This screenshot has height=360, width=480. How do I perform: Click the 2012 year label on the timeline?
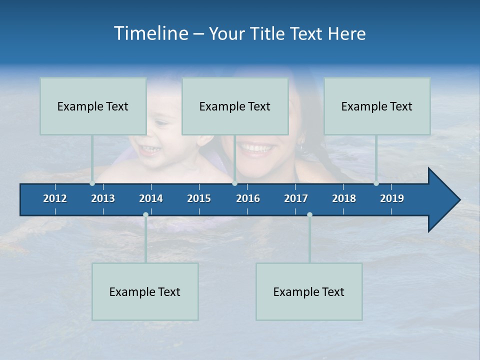click(55, 198)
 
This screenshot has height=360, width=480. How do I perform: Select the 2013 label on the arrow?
click(103, 198)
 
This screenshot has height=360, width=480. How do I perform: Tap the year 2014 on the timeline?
click(151, 198)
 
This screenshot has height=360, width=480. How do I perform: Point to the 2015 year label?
click(199, 198)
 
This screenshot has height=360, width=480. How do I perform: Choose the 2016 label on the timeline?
click(248, 198)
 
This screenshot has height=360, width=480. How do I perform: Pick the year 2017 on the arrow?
click(296, 198)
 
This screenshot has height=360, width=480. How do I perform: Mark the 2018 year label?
click(344, 198)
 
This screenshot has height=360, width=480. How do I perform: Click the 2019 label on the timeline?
click(392, 198)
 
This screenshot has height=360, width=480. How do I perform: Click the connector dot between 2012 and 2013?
click(92, 183)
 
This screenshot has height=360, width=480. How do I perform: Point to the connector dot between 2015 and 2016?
click(234, 183)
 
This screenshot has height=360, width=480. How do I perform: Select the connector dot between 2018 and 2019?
click(376, 183)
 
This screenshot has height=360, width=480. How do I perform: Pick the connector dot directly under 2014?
click(145, 214)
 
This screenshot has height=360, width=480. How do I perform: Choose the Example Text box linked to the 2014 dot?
click(145, 291)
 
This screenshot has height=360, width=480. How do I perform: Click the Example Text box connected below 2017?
click(309, 291)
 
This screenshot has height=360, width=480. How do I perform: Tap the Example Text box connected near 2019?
click(377, 106)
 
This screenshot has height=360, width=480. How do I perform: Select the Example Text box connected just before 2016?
click(235, 106)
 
